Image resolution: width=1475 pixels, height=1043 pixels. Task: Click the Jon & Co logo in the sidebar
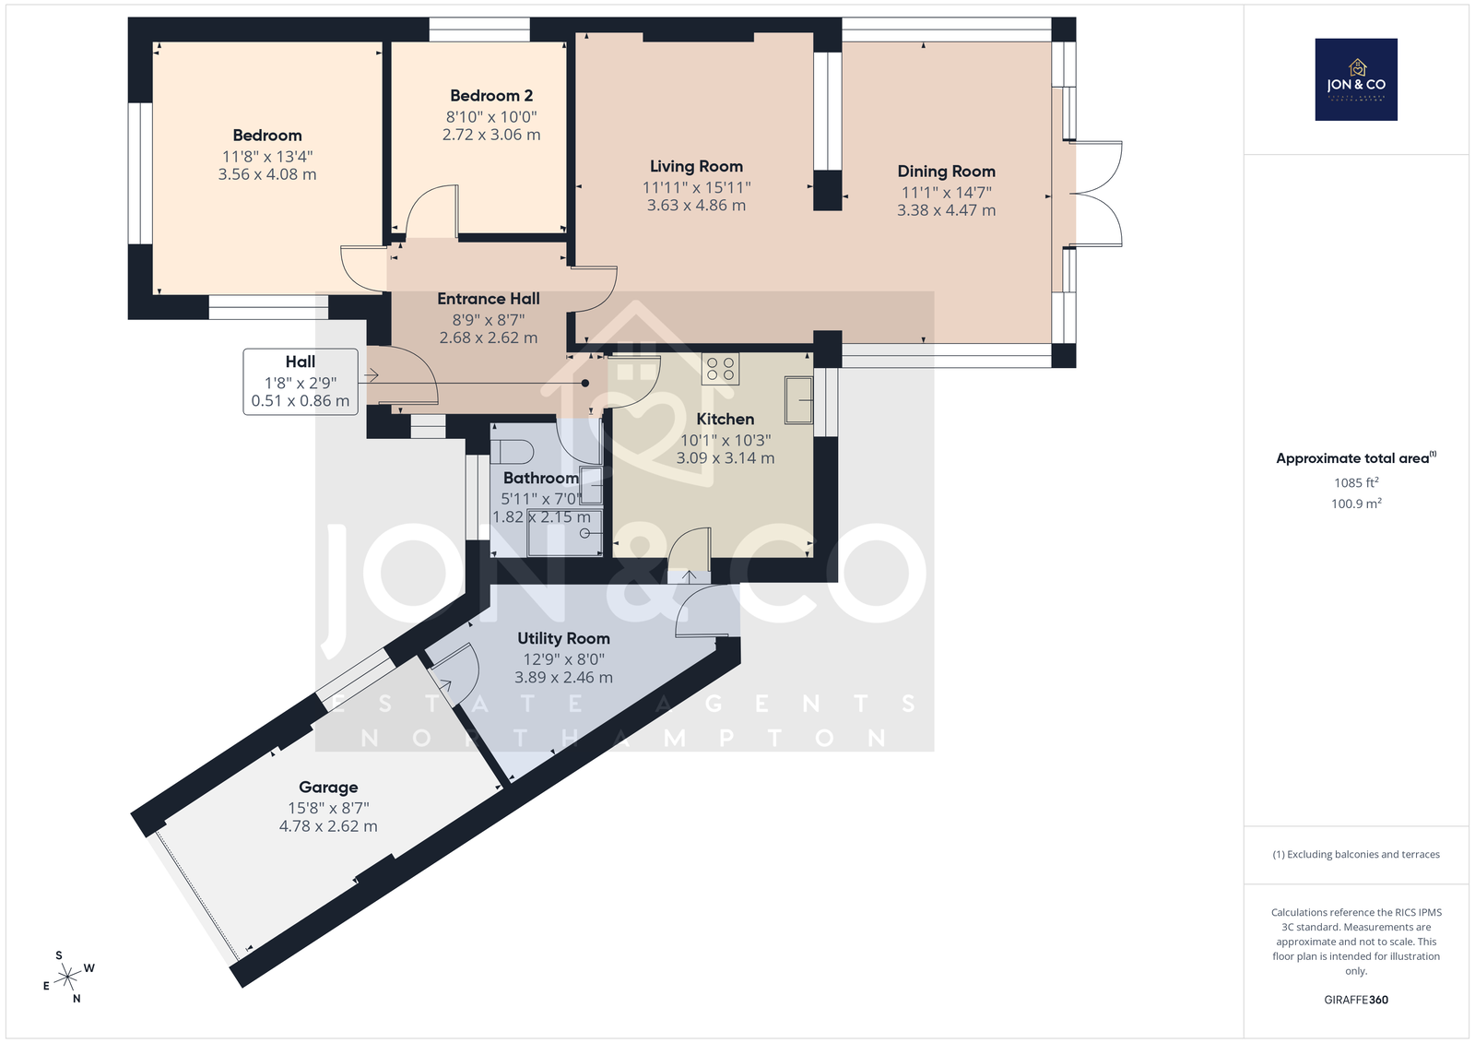pos(1356,79)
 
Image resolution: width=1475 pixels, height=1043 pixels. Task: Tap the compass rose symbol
pos(68,977)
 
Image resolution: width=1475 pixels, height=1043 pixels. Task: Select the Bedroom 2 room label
pos(491,96)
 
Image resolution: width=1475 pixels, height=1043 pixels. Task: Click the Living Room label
pos(696,166)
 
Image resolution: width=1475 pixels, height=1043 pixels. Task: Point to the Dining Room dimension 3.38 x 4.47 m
pos(946,210)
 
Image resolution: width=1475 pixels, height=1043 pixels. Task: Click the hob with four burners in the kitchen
pos(720,368)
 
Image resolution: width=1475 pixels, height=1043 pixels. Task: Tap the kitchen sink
pos(798,399)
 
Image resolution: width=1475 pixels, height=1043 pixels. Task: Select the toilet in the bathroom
pos(513,453)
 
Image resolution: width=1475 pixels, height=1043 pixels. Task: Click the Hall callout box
pos(301,382)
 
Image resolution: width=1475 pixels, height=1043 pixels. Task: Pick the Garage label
pos(328,787)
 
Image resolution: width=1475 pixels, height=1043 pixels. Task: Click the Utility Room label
pos(563,638)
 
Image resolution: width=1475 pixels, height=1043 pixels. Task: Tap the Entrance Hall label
pos(489,299)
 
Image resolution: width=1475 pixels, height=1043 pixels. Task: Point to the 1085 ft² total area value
pos(1356,482)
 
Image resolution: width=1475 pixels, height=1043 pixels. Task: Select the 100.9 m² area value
pos(1356,504)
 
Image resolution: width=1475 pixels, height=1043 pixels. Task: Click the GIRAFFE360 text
pos(1356,1000)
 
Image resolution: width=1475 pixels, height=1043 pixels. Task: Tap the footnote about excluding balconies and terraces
pos(1356,854)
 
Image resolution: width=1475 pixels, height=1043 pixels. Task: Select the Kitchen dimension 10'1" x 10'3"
pos(725,440)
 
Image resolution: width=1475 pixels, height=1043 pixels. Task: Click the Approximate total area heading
pos(1356,457)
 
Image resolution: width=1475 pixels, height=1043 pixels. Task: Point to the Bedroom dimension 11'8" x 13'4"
pos(267,156)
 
